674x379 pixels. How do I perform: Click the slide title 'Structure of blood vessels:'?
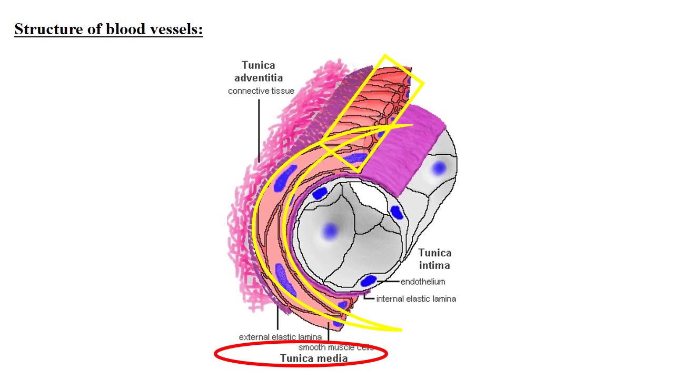[108, 29]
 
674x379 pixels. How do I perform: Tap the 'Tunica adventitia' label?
[259, 72]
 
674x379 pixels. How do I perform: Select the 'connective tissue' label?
[261, 91]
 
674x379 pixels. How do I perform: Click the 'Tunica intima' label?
[435, 259]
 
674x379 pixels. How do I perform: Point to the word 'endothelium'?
[423, 282]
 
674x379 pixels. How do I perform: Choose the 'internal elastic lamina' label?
[416, 298]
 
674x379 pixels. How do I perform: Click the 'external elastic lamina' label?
[280, 337]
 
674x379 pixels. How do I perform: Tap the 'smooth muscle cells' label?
[336, 347]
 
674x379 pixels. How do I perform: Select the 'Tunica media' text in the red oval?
[314, 358]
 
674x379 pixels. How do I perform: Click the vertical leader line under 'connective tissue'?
[259, 131]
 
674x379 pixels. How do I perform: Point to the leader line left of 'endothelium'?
[388, 282]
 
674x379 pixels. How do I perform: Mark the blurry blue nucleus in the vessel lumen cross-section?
[330, 231]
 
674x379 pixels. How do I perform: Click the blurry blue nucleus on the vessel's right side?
[439, 167]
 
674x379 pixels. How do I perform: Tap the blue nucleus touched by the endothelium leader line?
[368, 281]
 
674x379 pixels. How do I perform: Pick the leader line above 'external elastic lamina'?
[277, 317]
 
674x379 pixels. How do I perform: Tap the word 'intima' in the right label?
[434, 265]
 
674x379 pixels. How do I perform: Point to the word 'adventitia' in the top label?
[259, 78]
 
